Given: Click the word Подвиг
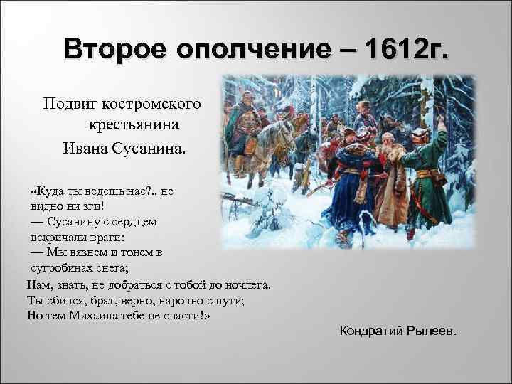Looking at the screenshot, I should point(70,105).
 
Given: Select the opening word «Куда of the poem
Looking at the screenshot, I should point(50,191).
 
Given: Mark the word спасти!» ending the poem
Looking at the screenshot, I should point(188,315).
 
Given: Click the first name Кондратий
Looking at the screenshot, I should point(373,331).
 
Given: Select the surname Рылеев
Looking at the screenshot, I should point(434,331).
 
